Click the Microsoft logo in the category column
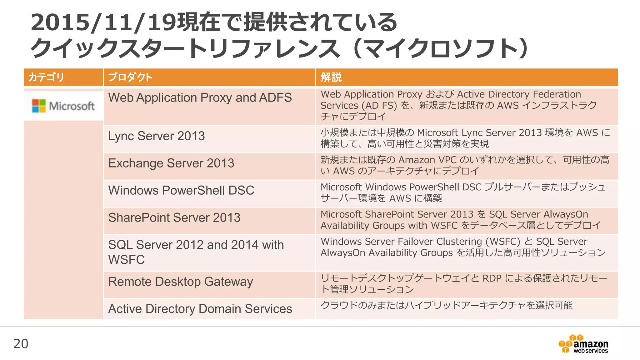63,106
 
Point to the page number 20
21,344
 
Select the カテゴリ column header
46,77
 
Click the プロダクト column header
130,77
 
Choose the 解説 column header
331,77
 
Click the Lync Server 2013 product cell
157,136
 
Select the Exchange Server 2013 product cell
171,163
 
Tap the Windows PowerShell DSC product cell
181,191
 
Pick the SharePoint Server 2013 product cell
174,218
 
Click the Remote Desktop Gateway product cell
181,282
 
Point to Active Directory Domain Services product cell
200,309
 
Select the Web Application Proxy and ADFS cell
200,98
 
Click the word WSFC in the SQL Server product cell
127,260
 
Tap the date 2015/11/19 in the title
103,22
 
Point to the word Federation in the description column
557,94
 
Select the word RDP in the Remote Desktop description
492,278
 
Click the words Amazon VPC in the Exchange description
427,160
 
